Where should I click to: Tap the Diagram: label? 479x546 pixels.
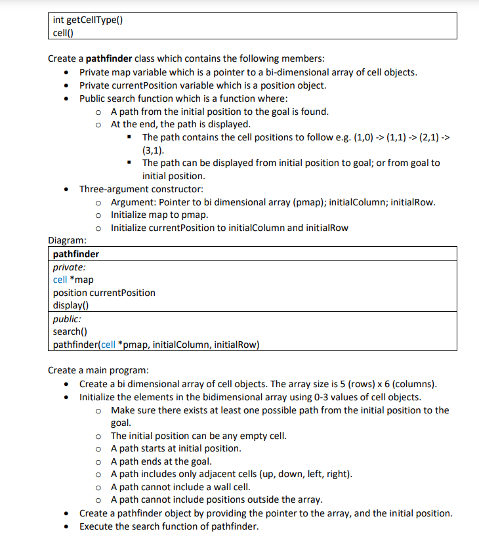click(68, 241)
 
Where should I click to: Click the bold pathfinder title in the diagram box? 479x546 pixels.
click(76, 254)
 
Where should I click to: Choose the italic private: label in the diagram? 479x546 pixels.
click(69, 267)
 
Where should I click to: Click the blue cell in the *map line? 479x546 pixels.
click(60, 280)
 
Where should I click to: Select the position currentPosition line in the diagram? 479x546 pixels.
click(104, 293)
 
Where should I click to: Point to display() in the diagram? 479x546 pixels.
click(70, 305)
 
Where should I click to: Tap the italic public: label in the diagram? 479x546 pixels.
click(67, 319)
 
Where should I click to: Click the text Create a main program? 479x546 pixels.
click(98, 370)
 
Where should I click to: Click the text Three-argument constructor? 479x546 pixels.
click(141, 189)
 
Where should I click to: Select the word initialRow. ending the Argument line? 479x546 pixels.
click(413, 202)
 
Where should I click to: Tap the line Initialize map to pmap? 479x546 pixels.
click(159, 215)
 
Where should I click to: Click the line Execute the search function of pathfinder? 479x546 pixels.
click(169, 526)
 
